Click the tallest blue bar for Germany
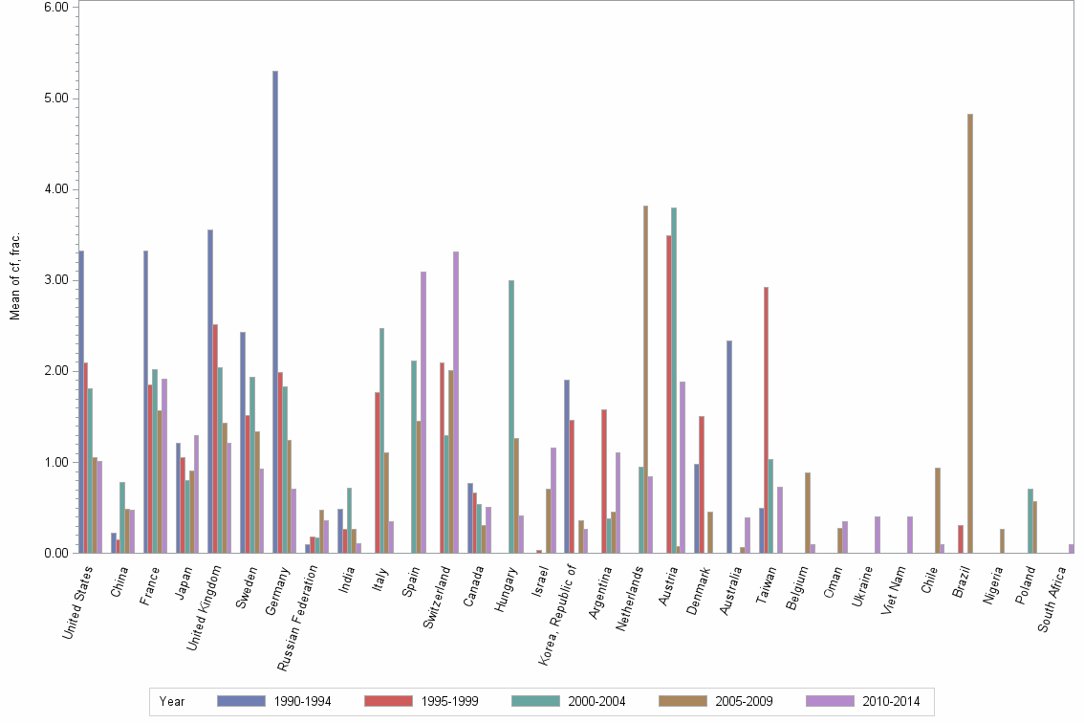(275, 312)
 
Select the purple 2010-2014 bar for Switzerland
(456, 402)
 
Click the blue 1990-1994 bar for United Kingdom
(210, 391)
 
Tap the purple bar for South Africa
(1072, 549)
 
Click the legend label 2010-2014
(890, 701)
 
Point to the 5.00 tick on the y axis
(54, 98)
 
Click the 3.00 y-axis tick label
(54, 280)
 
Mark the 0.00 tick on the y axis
(54, 553)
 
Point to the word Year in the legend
(172, 701)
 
